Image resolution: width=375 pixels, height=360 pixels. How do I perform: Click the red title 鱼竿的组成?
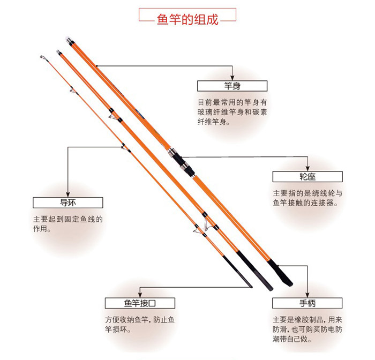tap(187, 19)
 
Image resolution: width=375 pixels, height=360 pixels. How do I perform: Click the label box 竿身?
tap(232, 86)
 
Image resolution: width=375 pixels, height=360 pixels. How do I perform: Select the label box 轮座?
tap(307, 177)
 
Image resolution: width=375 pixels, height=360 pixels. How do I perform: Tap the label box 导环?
tap(68, 202)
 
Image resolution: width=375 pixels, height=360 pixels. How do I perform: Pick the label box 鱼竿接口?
tap(140, 303)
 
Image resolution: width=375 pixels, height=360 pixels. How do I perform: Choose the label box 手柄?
tap(307, 303)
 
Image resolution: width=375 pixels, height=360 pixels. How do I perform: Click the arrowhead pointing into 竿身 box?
tap(232, 78)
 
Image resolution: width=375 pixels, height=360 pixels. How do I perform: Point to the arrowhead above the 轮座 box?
tap(307, 168)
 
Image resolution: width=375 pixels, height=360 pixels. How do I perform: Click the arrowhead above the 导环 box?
tap(68, 194)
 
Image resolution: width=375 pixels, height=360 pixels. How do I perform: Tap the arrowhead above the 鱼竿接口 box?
tap(140, 295)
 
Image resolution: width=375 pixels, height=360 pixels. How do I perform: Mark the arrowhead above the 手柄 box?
tap(307, 295)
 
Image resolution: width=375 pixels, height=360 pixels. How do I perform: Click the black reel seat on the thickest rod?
tap(181, 162)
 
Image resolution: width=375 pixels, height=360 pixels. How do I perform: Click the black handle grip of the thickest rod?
tap(280, 273)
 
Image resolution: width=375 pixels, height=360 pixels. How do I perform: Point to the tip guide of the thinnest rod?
tap(42, 57)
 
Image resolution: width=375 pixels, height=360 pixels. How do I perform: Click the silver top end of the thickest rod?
tap(69, 41)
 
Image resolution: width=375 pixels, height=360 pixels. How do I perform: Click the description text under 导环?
tap(68, 223)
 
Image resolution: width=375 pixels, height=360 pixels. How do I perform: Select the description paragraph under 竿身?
tap(232, 112)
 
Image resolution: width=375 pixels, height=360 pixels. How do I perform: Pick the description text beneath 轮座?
tap(307, 198)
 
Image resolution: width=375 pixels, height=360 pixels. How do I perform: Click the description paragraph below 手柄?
tap(307, 329)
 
